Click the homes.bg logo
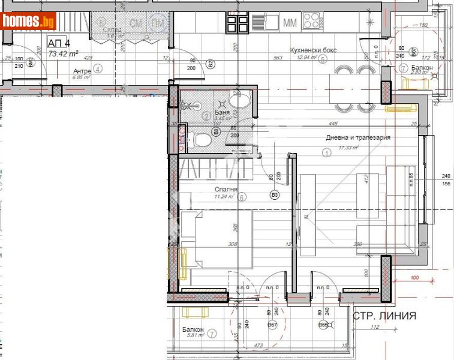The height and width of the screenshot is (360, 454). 29,22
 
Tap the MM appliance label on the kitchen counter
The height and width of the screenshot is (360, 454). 290,23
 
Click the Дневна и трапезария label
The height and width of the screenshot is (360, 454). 358,137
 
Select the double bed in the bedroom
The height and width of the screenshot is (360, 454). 216,238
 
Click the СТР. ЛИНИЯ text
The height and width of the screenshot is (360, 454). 384,316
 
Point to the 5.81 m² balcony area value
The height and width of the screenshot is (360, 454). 196,336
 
